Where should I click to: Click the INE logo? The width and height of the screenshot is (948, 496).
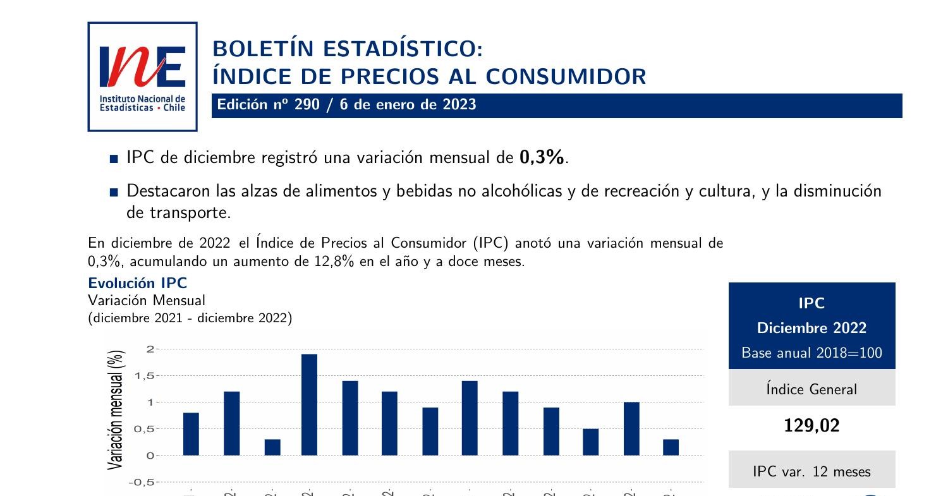(x=142, y=76)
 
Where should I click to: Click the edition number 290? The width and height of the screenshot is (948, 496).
(x=307, y=105)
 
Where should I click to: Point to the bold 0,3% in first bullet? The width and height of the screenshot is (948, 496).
(x=542, y=158)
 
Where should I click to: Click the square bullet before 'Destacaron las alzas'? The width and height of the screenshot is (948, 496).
(x=114, y=192)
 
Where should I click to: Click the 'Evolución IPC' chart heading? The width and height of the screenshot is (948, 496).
(x=137, y=282)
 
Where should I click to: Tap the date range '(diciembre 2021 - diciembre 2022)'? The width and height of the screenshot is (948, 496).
(x=190, y=318)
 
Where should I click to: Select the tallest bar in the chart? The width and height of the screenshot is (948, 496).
(x=309, y=404)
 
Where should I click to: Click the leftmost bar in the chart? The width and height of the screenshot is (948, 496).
(x=191, y=433)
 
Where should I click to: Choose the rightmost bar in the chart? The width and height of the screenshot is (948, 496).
(x=671, y=447)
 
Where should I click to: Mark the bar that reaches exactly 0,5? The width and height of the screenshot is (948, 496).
(x=590, y=442)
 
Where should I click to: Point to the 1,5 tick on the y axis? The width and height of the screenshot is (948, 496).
(x=143, y=376)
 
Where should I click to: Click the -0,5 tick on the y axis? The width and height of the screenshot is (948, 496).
(x=142, y=483)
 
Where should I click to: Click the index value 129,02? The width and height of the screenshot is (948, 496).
(x=811, y=426)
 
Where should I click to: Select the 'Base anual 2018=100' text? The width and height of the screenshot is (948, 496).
(x=811, y=353)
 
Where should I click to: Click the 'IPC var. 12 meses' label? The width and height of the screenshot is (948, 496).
(x=811, y=471)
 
